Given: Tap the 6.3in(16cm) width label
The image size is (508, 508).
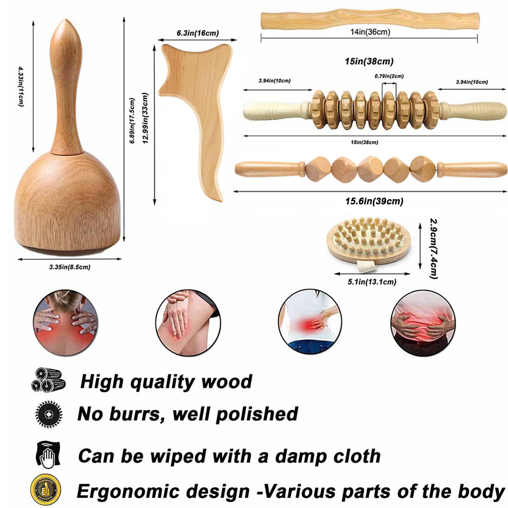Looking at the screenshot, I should pos(198,33).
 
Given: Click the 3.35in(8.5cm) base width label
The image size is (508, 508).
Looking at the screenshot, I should pos(70,266).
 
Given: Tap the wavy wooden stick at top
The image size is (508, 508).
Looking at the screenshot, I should pos(369,19).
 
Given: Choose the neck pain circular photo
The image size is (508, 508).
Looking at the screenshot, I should pos(65,323).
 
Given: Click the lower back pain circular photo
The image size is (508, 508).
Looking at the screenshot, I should pos(310,323).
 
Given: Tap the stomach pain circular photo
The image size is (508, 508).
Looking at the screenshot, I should pos(423,323).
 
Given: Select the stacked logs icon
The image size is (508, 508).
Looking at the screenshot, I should pos(48,379).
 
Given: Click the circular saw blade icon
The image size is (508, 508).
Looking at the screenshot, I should pos(48,414).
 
